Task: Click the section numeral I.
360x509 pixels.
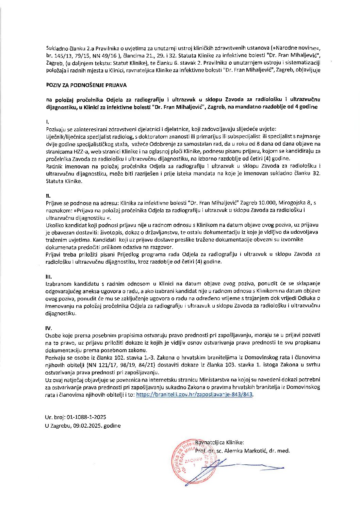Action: pyautogui.click(x=47, y=121)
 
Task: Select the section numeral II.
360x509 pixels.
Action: pyautogui.click(x=48, y=196)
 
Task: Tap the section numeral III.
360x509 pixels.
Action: pyautogui.click(x=48, y=276)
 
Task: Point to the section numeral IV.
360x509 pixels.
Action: pyautogui.click(x=49, y=328)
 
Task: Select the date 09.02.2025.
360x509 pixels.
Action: pyautogui.click(x=87, y=426)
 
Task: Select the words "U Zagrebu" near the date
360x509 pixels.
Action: pyautogui.click(x=57, y=426)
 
